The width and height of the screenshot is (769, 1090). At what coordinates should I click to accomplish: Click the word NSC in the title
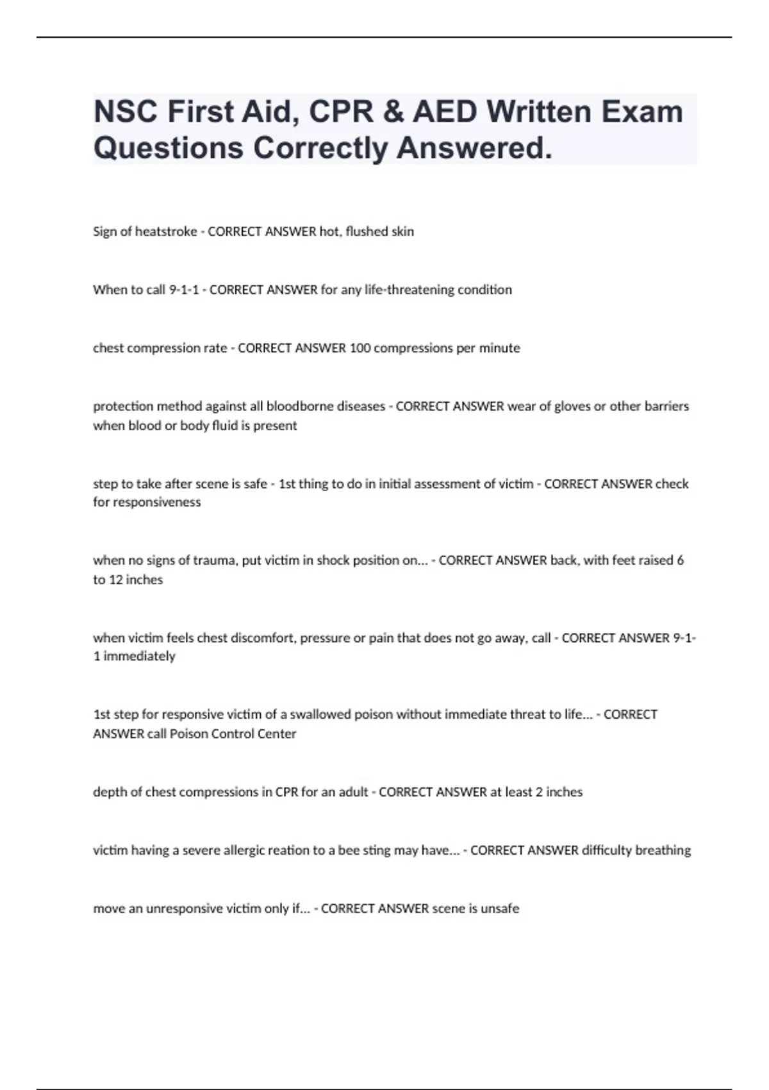(125, 112)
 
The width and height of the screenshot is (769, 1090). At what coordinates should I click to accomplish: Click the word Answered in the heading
(474, 148)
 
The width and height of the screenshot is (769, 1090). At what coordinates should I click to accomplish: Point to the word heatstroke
(166, 231)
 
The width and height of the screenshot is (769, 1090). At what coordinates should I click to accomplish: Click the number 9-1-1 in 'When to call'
(183, 290)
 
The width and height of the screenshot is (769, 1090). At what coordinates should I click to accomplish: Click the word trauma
(216, 560)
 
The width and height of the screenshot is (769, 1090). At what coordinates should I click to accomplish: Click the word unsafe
(499, 909)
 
